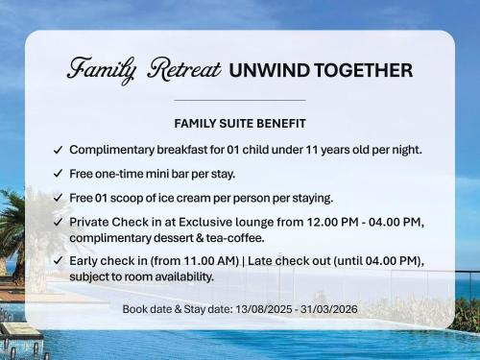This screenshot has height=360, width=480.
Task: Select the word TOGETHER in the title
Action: [x=366, y=70]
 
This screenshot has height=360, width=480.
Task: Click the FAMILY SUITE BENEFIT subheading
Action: [x=239, y=124]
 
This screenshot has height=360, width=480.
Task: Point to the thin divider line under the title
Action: [x=239, y=100]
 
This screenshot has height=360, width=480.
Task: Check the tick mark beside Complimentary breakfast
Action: [x=59, y=151]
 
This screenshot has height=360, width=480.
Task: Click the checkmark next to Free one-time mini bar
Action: [x=59, y=174]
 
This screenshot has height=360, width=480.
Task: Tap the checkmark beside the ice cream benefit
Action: [x=59, y=199]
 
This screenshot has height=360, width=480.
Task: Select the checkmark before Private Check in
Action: [x=59, y=223]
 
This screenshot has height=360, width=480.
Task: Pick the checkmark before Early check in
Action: [x=59, y=261]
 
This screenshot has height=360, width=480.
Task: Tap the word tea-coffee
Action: [x=231, y=237]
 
